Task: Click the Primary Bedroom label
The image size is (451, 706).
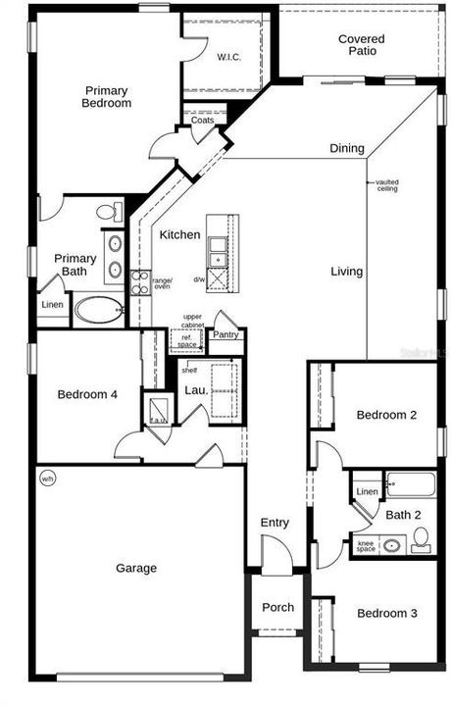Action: [x=107, y=96]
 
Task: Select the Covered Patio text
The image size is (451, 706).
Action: [x=361, y=46]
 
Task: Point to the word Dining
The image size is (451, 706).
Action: [x=346, y=149]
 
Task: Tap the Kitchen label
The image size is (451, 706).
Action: [x=180, y=235]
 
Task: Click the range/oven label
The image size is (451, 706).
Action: [x=162, y=282]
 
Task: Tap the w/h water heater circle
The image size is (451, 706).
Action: [x=48, y=479]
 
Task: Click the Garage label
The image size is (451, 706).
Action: [x=136, y=568]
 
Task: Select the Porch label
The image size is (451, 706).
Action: [x=277, y=607]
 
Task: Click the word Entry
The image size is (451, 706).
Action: [x=275, y=523]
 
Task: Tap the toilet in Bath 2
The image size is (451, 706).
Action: [x=422, y=539]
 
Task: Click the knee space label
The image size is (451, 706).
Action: [x=366, y=546]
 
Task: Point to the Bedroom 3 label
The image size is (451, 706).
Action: [x=386, y=613]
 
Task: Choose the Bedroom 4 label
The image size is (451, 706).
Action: [x=87, y=394]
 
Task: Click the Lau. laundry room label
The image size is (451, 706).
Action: [x=195, y=389]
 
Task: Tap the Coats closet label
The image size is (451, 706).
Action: [x=203, y=121]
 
